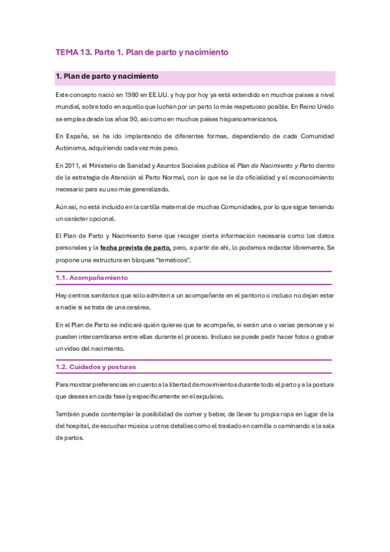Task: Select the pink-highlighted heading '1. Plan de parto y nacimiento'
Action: (107, 77)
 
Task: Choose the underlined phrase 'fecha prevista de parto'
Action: (135, 248)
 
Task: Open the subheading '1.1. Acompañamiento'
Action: (92, 277)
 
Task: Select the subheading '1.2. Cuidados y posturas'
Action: (96, 366)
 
